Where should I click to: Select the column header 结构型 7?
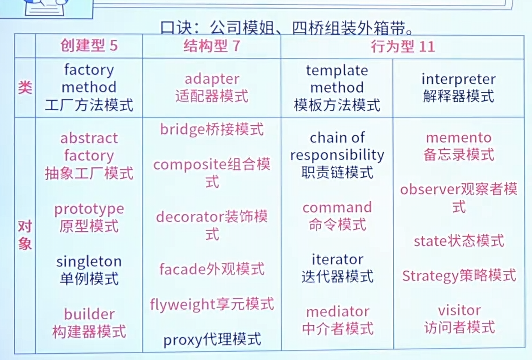pos(212,46)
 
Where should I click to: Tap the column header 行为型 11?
pos(403,46)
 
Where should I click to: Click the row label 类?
pos(25,87)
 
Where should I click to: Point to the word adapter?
pos(212,79)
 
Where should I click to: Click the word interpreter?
pos(458,79)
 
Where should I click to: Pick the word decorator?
pos(190,217)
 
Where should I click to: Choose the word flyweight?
pos(183,305)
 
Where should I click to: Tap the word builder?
pos(89,314)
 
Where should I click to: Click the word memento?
pos(458,138)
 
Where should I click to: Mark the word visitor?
pos(459,310)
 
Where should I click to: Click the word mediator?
pos(337,312)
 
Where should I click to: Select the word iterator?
pos(337,260)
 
